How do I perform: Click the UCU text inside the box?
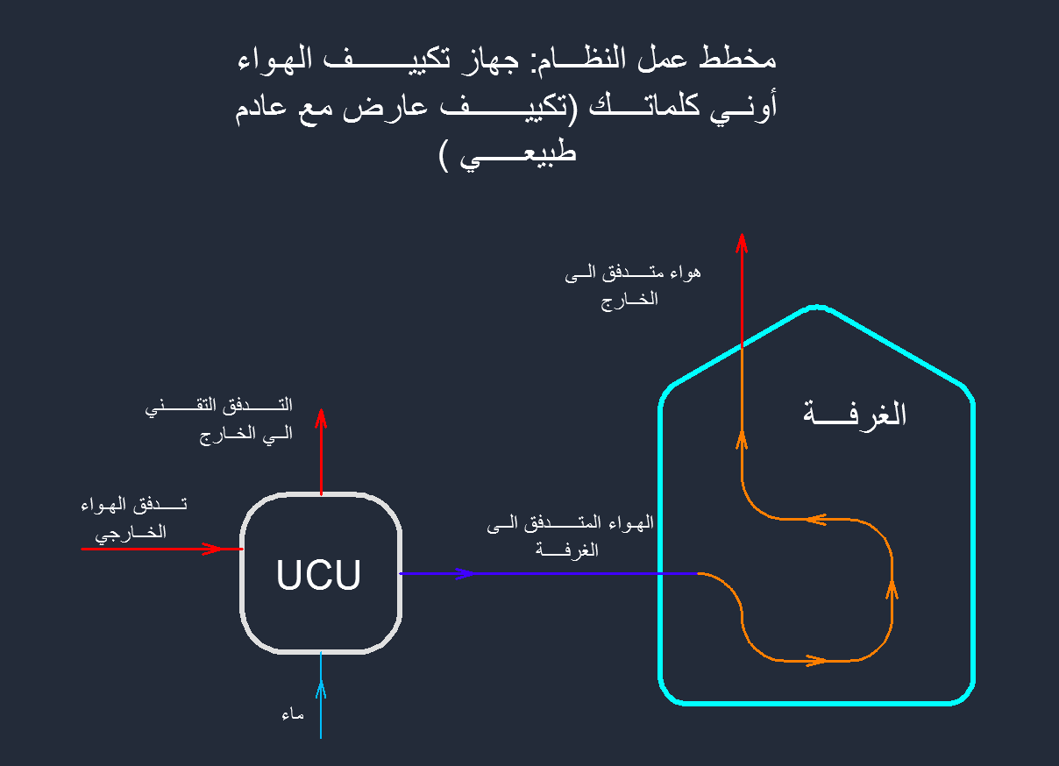318,576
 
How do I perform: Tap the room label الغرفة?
854,414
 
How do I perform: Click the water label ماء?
293,714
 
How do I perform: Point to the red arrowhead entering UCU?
213,549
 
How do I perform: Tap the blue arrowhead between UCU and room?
464,573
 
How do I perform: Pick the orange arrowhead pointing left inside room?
814,519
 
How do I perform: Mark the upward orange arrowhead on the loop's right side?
892,588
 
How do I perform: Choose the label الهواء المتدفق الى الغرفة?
571,536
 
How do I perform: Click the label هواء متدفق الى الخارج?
633,285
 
